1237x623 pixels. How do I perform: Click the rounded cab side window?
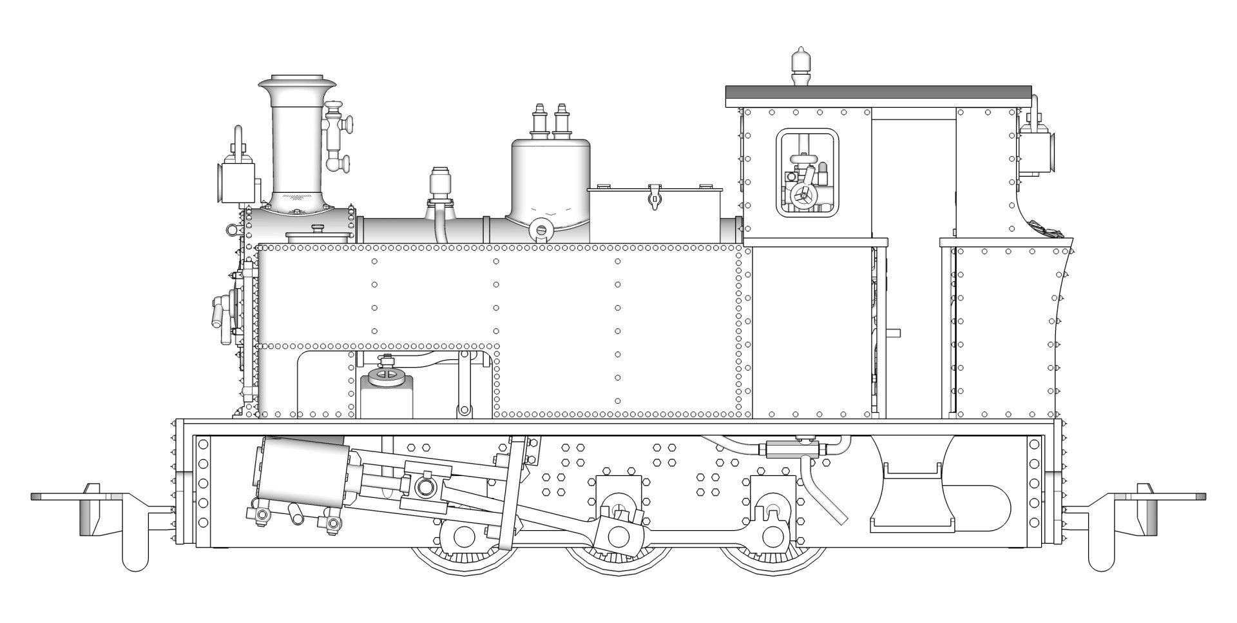click(x=808, y=170)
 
